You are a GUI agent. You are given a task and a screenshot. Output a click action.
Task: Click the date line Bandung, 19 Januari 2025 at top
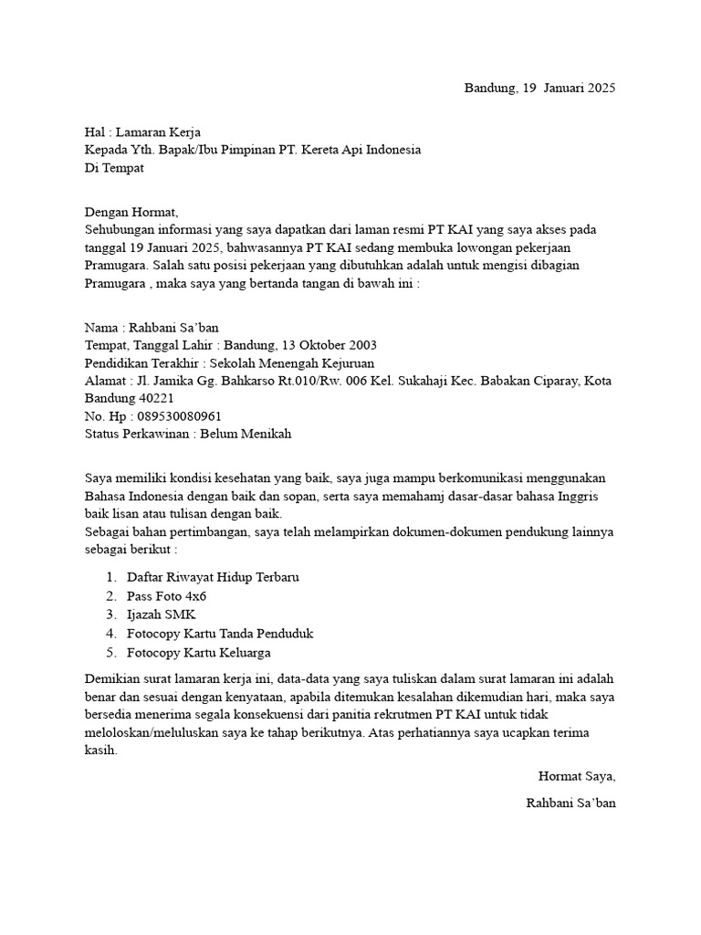(x=539, y=89)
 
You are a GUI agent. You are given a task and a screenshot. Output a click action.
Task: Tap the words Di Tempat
(x=114, y=168)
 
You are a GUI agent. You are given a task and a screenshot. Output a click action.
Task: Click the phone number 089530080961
(x=178, y=416)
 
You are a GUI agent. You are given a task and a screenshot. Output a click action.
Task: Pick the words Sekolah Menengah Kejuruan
(x=286, y=363)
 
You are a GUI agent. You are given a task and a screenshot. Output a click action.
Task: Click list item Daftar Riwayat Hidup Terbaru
(x=213, y=578)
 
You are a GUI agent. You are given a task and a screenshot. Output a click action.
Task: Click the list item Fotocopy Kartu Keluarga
(x=198, y=653)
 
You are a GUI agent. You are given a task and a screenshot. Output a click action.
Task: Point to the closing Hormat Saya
(x=577, y=777)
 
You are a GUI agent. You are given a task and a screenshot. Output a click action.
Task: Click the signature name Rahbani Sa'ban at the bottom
(x=570, y=804)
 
